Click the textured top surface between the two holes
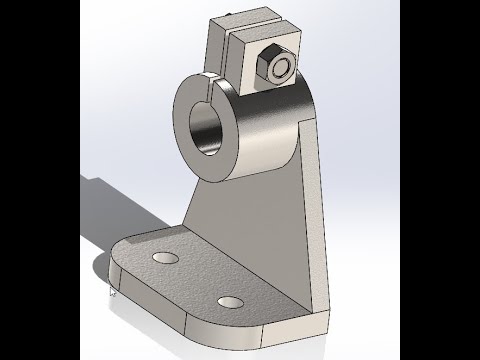pyautogui.click(x=195, y=280)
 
